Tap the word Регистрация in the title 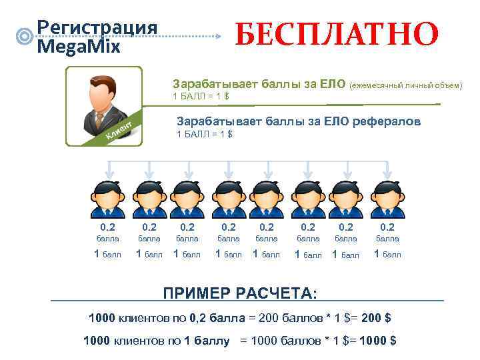click(97, 27)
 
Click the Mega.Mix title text click(79, 47)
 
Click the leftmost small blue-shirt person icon click(107, 195)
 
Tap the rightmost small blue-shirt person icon click(387, 195)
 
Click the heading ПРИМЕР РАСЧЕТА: click(241, 294)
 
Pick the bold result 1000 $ click(377, 341)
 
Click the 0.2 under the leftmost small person click(107, 227)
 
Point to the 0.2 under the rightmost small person click(387, 227)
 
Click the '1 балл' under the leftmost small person click(107, 254)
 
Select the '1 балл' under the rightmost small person click(387, 254)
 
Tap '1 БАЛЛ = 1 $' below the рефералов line click(204, 135)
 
